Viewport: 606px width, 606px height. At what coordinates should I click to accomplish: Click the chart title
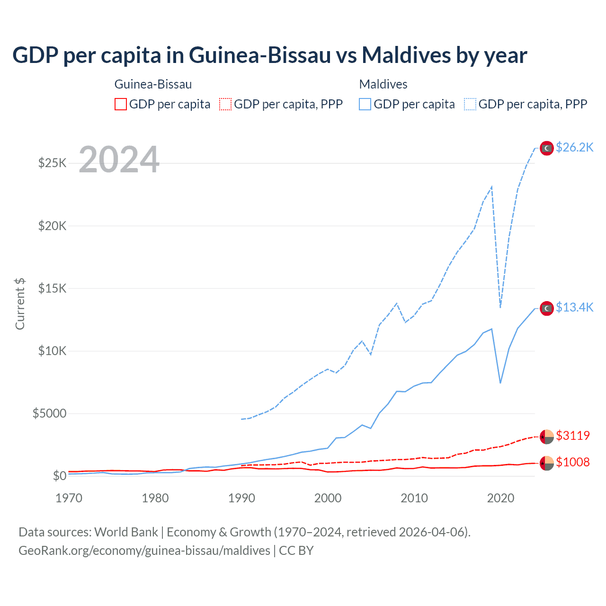[269, 55]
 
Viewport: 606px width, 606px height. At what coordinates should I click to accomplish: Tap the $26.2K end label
[574, 148]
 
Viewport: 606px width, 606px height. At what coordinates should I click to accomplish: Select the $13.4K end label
[574, 308]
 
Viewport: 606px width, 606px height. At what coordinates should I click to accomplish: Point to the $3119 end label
[573, 436]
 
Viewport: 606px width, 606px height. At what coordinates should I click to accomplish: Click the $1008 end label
[573, 462]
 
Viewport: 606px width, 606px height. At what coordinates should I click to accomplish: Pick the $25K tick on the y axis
[52, 163]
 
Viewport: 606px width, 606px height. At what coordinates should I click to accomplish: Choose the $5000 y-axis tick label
[49, 414]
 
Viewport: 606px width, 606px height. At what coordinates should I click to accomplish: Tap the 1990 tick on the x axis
[241, 498]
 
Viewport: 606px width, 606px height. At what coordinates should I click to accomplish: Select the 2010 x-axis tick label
[414, 498]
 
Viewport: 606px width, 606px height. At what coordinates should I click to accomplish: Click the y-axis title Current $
[20, 304]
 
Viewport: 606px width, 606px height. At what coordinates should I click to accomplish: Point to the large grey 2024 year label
[119, 160]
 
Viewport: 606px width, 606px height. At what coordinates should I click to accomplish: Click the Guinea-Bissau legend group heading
[153, 84]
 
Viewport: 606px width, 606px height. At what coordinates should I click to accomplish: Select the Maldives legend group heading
[383, 84]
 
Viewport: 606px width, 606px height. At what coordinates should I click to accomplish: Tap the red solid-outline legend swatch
[121, 104]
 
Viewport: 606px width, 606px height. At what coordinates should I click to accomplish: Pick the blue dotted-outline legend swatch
[470, 104]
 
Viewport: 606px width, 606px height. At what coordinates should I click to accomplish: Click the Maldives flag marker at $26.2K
[547, 148]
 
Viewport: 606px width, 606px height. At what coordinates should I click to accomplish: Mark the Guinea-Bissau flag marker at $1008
[547, 463]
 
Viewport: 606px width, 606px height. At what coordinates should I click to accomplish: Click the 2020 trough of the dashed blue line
[500, 307]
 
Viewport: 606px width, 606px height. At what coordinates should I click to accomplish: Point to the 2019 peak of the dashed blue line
[492, 187]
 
